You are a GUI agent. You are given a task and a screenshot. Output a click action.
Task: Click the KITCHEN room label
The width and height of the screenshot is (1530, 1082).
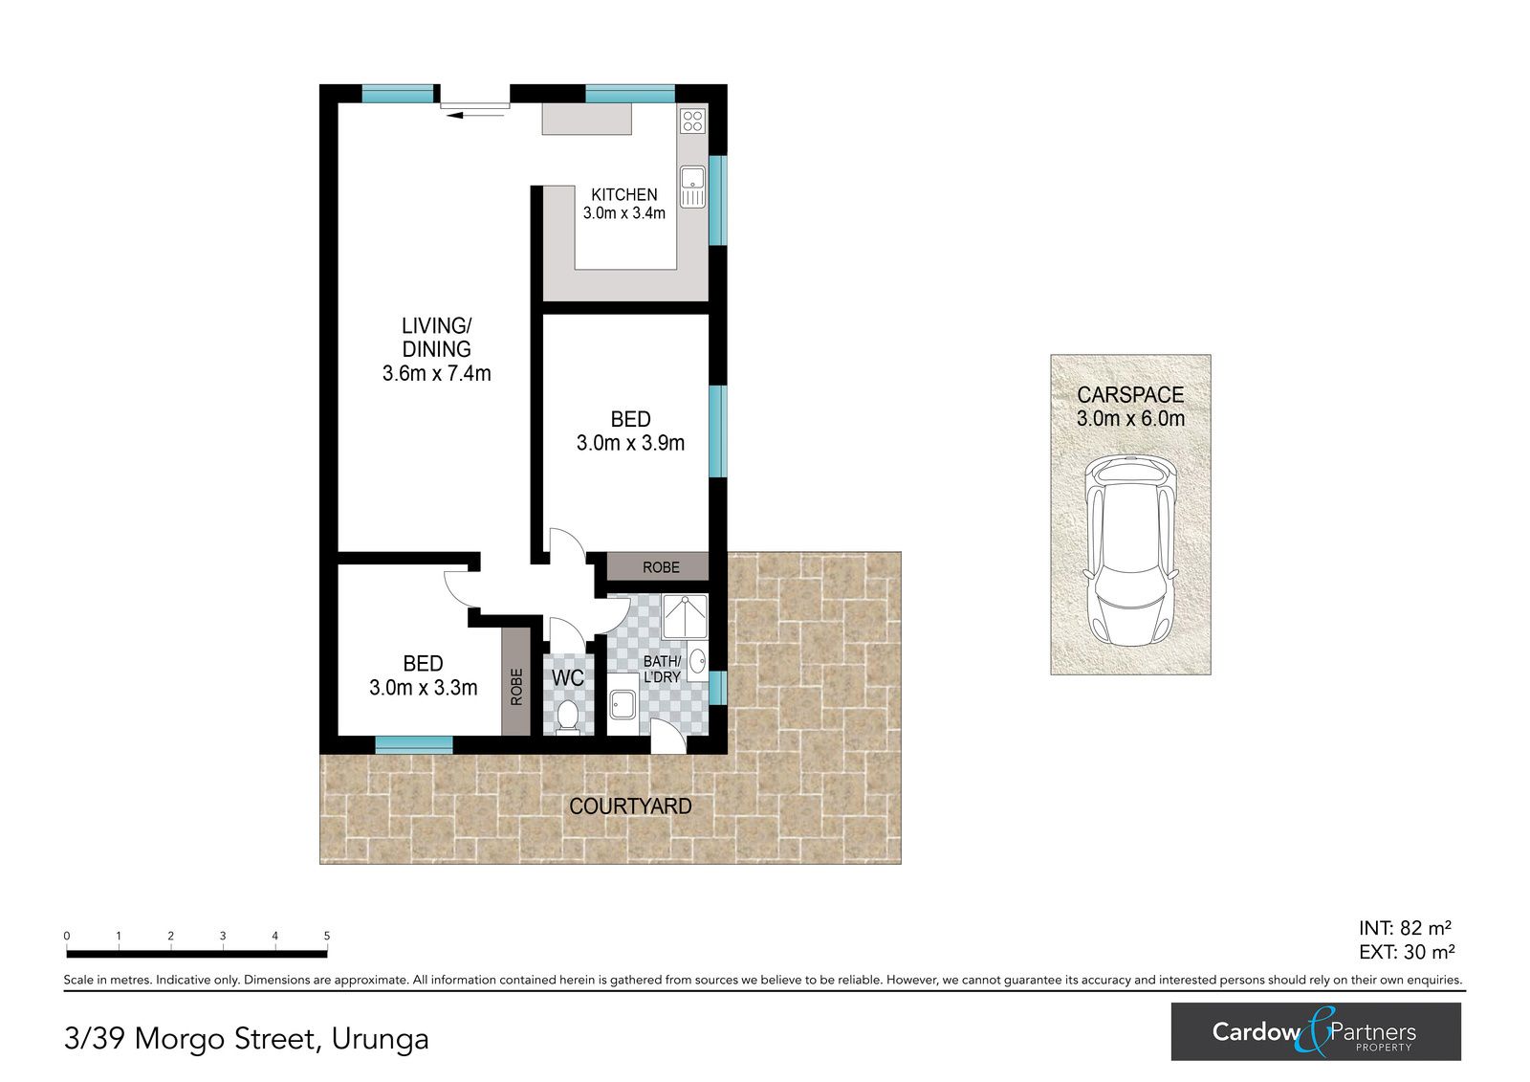tap(623, 195)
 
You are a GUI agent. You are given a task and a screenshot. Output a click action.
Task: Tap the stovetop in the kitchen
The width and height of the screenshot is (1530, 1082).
tap(692, 121)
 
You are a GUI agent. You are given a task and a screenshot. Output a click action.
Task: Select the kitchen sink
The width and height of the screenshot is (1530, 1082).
tap(692, 187)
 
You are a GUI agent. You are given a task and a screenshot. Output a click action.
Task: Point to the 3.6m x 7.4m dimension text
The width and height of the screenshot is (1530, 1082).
tap(436, 373)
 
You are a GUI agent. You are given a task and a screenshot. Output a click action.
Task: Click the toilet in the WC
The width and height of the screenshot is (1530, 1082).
tap(567, 717)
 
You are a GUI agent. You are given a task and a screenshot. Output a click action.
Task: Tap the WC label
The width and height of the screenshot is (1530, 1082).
tap(568, 678)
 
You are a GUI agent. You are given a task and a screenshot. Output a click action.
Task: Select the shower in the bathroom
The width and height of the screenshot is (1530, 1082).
tap(684, 616)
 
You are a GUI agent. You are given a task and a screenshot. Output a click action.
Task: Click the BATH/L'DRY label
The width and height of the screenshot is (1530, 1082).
tap(662, 669)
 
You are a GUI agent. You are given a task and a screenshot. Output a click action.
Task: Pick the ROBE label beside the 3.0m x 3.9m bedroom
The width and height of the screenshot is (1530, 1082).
tap(661, 567)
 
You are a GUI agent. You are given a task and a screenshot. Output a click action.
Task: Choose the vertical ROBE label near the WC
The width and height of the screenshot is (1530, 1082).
tap(516, 687)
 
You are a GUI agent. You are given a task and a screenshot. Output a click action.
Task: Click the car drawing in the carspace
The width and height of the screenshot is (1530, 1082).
tap(1130, 550)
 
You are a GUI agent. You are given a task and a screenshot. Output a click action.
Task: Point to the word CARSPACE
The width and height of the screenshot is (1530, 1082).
tap(1130, 394)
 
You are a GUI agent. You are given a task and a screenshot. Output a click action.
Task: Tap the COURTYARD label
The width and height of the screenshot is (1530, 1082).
tap(630, 806)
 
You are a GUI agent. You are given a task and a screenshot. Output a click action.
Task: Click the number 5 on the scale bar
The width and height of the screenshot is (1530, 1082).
tap(326, 936)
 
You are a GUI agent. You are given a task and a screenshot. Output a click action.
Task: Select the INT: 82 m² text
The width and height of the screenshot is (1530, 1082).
tap(1405, 928)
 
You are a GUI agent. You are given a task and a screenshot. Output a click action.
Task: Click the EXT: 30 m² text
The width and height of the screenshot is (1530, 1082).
tap(1407, 952)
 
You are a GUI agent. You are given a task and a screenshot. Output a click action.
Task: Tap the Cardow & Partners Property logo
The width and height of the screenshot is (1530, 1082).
tap(1316, 1031)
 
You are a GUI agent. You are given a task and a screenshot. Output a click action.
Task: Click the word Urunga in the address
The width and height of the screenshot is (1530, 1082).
tap(380, 1039)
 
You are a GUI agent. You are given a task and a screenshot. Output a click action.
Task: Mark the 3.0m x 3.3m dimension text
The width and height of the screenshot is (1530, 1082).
tap(423, 688)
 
